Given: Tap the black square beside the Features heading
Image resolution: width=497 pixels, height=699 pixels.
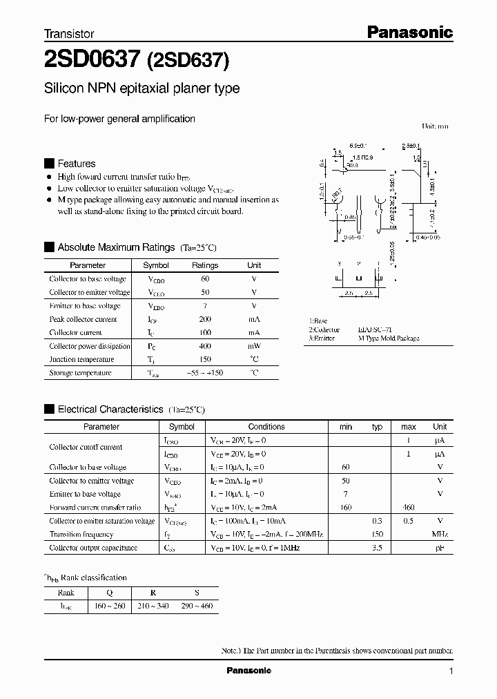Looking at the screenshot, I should pyautogui.click(x=48, y=164).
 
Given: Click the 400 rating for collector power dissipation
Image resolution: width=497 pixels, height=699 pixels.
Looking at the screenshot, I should pyautogui.click(x=205, y=346).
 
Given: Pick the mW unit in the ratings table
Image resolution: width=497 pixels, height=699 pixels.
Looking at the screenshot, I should pyautogui.click(x=254, y=346).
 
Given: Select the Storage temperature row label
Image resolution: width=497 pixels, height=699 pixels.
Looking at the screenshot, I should pyautogui.click(x=80, y=373).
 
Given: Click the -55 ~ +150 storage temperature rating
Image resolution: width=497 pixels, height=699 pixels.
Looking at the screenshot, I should pyautogui.click(x=205, y=373).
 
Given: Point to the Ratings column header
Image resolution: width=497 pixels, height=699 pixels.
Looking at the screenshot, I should pyautogui.click(x=205, y=265).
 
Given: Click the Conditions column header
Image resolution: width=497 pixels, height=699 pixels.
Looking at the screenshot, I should pyautogui.click(x=266, y=427).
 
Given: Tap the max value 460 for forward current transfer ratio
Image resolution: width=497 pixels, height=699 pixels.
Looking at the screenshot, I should pyautogui.click(x=409, y=508).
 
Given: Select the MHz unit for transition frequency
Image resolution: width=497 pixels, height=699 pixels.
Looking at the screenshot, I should pyautogui.click(x=440, y=535).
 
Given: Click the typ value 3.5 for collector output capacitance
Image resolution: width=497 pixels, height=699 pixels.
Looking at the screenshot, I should pyautogui.click(x=377, y=548).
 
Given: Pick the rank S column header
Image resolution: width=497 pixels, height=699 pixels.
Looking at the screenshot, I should pyautogui.click(x=196, y=593).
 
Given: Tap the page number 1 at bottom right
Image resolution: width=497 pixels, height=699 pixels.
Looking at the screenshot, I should pyautogui.click(x=451, y=671).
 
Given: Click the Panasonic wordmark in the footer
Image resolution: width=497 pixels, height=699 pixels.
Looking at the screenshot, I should pyautogui.click(x=249, y=671).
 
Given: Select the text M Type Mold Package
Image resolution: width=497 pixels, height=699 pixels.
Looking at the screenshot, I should pyautogui.click(x=389, y=338).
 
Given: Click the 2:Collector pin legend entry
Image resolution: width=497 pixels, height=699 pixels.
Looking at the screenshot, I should pyautogui.click(x=324, y=330).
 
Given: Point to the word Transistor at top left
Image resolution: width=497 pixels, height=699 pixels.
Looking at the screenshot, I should pyautogui.click(x=69, y=33).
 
